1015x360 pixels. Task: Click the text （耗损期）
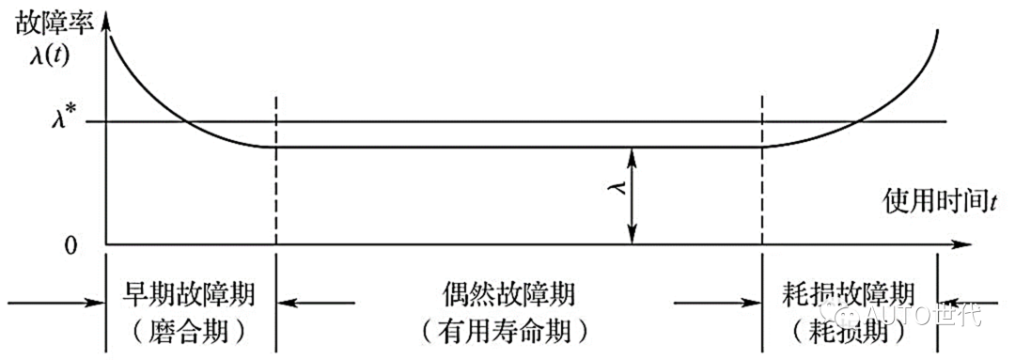click(851, 330)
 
